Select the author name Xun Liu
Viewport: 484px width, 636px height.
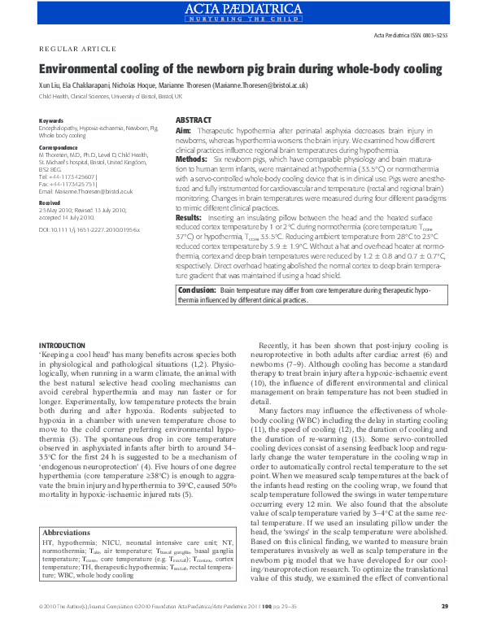click(52, 85)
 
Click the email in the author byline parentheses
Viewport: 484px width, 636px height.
click(268, 85)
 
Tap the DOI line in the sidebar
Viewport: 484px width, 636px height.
click(89, 230)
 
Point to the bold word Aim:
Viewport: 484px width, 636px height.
click(184, 131)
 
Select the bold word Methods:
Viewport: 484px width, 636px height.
click(192, 160)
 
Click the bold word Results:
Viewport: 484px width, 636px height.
click(190, 218)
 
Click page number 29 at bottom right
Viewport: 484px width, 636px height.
click(444, 629)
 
